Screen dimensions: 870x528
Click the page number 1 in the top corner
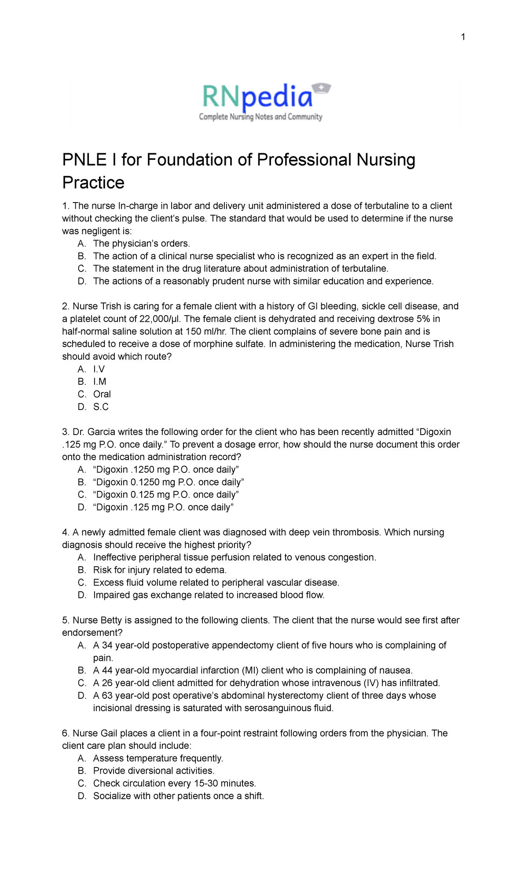pyautogui.click(x=463, y=37)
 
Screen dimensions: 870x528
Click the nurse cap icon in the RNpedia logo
pyautogui.click(x=321, y=88)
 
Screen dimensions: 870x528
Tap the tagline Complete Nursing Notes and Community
pyautogui.click(x=260, y=117)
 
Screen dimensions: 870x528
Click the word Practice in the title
pyautogui.click(x=93, y=183)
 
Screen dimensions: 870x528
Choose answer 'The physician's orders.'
pyautogui.click(x=141, y=243)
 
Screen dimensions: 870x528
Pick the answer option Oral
pyautogui.click(x=102, y=394)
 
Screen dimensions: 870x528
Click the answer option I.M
pyautogui.click(x=99, y=382)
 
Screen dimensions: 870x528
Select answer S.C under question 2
pyautogui.click(x=101, y=407)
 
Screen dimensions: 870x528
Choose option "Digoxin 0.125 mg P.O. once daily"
pyautogui.click(x=166, y=494)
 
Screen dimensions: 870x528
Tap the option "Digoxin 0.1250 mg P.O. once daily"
pyautogui.click(x=169, y=482)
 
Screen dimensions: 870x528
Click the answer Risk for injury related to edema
pyautogui.click(x=160, y=570)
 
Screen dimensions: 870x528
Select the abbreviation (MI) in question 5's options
pyautogui.click(x=250, y=671)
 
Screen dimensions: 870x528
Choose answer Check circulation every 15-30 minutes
pyautogui.click(x=174, y=783)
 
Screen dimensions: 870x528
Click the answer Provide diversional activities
pyautogui.click(x=154, y=770)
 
